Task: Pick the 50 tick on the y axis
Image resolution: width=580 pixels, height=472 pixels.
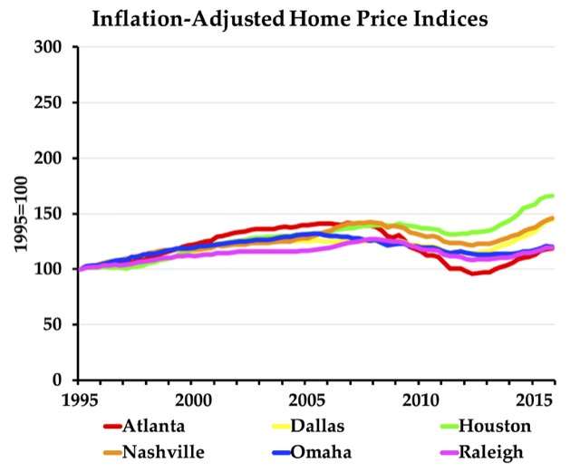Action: point(57,324)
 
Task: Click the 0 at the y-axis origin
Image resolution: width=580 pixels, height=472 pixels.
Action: point(62,380)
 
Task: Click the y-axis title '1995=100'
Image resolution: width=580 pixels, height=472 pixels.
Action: point(19,213)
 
